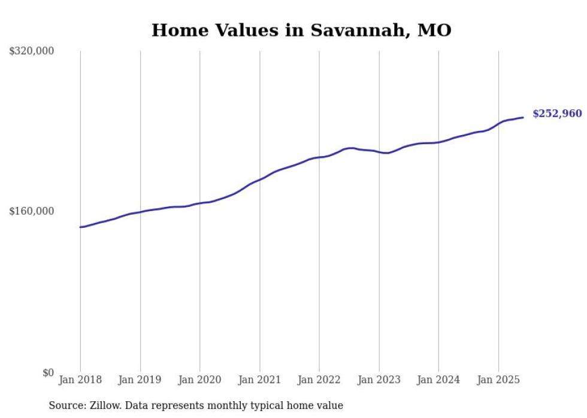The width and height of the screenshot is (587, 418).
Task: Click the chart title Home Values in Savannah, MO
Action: (301, 30)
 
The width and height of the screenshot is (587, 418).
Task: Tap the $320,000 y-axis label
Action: (32, 51)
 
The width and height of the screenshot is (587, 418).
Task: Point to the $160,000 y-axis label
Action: (32, 211)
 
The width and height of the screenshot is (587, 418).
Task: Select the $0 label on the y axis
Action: (48, 373)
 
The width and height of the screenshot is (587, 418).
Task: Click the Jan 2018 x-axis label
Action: (80, 380)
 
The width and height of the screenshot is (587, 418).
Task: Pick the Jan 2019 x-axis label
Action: (140, 380)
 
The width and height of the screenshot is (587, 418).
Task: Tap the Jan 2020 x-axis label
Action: (199, 380)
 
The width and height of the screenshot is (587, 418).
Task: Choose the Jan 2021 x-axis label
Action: (259, 380)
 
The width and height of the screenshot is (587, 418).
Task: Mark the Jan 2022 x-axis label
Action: (319, 380)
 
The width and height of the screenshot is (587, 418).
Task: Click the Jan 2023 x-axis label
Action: (379, 380)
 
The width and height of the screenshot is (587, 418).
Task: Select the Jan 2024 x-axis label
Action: (438, 380)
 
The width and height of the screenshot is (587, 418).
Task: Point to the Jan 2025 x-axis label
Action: (498, 380)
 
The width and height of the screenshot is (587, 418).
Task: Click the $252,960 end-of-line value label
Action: (556, 114)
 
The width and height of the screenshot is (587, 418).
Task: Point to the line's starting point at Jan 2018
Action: (80, 227)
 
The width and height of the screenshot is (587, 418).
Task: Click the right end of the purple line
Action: (524, 117)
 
